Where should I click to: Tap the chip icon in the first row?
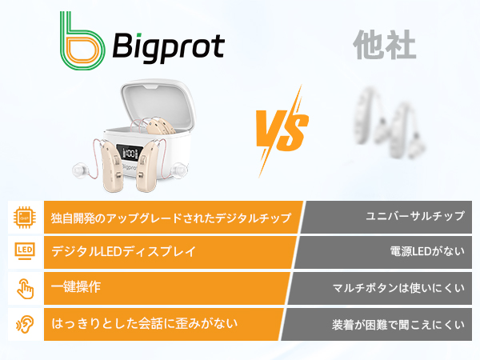pos(25,217)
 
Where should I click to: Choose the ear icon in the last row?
pos(25,325)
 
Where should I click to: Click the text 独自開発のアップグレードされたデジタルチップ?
pos(176,218)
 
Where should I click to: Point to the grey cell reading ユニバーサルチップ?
pos(414,217)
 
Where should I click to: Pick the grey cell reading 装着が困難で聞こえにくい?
pos(398,325)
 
